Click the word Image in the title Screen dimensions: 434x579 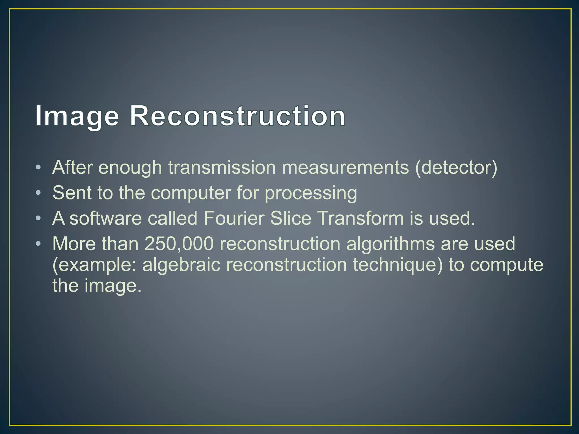pos(77,116)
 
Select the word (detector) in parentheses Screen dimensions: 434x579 pos(456,168)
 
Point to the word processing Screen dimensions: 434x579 pos(311,194)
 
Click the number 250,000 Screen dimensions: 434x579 pos(179,244)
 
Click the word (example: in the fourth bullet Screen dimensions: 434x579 pos(94,265)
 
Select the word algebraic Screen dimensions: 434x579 pos(181,265)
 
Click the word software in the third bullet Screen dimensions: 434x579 pos(105,218)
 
